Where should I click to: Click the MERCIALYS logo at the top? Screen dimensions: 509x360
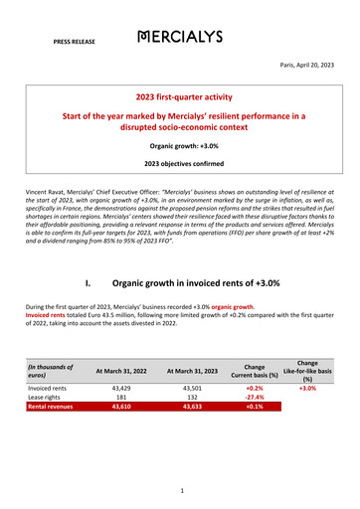[181, 38]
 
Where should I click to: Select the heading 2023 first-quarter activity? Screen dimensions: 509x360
[180, 99]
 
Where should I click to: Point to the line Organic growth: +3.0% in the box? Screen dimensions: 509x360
[180, 145]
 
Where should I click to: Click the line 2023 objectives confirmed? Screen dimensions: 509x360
[180, 163]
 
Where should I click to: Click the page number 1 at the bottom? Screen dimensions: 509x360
[180, 490]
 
